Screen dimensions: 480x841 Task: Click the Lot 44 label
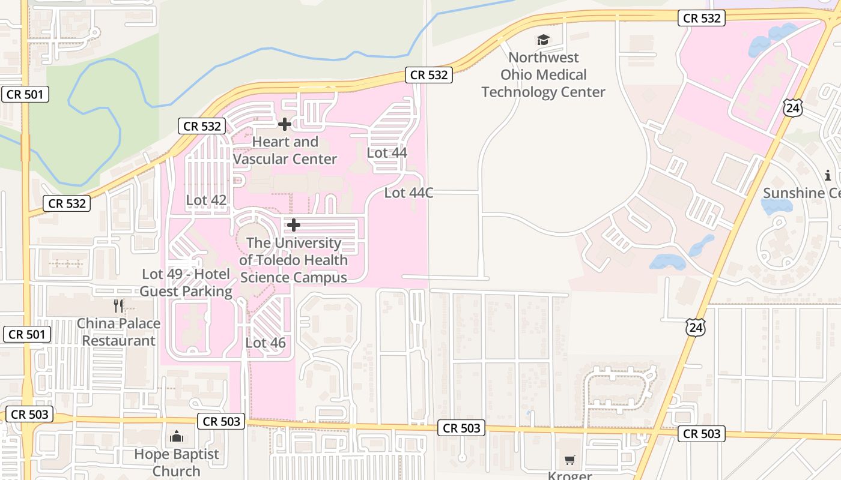coord(387,152)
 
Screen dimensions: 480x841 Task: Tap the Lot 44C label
coord(408,193)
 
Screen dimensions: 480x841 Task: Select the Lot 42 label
coord(206,200)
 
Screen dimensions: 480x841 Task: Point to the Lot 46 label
coord(266,343)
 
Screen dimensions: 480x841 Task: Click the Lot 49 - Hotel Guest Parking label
coord(186,283)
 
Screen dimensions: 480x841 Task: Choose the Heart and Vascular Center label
coord(285,151)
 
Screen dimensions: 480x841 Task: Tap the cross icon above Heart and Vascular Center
coord(285,124)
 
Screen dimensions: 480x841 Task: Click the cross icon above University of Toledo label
coord(294,225)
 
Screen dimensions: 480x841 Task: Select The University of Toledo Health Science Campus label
coord(294,260)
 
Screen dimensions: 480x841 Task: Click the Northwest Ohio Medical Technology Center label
coord(543,74)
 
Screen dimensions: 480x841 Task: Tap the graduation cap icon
coord(543,40)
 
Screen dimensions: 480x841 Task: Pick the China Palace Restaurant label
coord(119,332)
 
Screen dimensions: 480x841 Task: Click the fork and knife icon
coord(119,306)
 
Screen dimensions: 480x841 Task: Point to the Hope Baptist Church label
coord(177,462)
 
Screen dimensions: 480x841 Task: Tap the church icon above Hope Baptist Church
coord(177,436)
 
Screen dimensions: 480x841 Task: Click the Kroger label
coord(569,475)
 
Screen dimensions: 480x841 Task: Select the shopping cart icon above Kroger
coord(569,460)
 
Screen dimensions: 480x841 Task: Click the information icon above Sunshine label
coord(828,175)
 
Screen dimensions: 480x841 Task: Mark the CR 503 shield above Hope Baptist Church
coord(222,421)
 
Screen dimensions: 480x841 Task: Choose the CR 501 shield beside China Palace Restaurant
coord(26,334)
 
